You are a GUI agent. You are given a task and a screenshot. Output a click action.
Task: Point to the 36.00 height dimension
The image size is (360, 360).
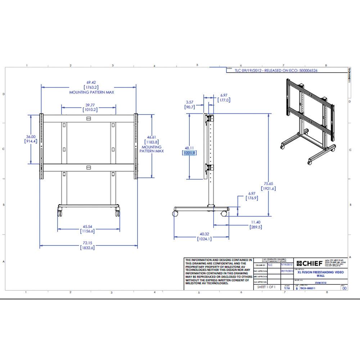pyautogui.click(x=31, y=137)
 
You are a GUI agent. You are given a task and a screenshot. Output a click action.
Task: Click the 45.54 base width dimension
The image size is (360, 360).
pyautogui.click(x=88, y=226)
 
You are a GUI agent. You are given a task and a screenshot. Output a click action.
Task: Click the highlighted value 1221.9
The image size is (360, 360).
pyautogui.click(x=189, y=153)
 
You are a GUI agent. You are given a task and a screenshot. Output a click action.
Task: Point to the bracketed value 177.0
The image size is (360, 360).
pyautogui.click(x=224, y=100)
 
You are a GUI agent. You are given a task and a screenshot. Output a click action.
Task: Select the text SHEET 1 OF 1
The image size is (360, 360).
pyautogui.click(x=267, y=287)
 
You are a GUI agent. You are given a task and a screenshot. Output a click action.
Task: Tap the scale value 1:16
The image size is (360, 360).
pyautogui.click(x=287, y=288)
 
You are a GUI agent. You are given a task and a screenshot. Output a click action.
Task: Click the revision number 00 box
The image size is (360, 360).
pyautogui.click(x=345, y=288)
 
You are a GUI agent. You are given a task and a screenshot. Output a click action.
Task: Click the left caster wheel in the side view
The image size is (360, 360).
pyautogui.click(x=176, y=213)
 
